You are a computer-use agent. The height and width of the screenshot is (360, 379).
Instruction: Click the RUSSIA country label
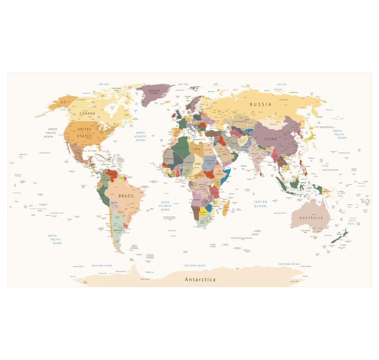click(x=261, y=104)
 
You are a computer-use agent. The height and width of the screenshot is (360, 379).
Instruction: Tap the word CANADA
click(x=87, y=114)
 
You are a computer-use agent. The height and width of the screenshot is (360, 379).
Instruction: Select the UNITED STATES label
click(x=84, y=133)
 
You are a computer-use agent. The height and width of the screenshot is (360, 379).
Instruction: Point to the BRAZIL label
click(x=126, y=196)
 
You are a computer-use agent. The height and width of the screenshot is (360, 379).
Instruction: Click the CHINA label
click(x=271, y=139)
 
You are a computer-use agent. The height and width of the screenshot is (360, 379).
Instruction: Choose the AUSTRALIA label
click(x=311, y=218)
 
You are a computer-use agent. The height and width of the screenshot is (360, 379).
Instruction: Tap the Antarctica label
click(x=200, y=279)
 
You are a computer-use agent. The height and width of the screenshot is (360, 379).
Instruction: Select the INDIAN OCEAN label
click(x=260, y=204)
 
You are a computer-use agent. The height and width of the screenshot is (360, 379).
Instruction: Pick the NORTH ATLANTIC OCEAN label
click(x=141, y=136)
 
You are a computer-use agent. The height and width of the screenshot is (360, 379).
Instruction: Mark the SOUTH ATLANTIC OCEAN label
click(x=165, y=206)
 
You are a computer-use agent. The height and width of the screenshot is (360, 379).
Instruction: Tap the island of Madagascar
click(x=226, y=207)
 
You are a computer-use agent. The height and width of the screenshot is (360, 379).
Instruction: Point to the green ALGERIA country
click(x=181, y=148)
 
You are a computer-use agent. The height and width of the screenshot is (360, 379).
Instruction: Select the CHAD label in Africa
click(x=198, y=163)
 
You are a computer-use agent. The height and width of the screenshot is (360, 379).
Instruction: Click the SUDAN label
click(x=209, y=160)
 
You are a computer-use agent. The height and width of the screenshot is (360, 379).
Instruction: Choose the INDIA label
click(x=259, y=158)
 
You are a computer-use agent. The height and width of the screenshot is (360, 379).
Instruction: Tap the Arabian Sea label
click(x=244, y=167)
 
